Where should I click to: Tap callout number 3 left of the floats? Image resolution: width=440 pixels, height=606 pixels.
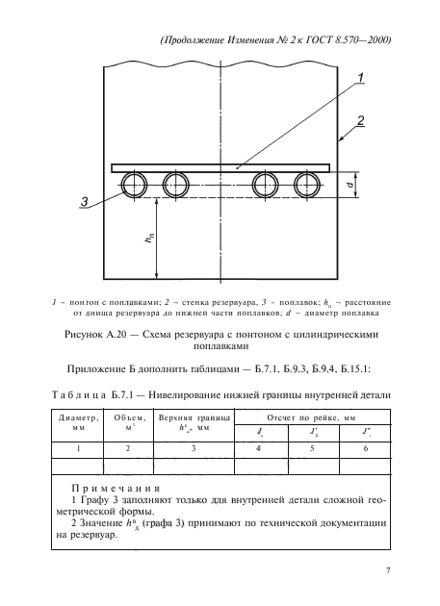coord(85,202)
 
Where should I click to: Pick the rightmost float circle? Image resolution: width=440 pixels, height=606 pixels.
coord(310,186)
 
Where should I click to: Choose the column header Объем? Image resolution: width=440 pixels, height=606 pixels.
coord(129,424)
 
